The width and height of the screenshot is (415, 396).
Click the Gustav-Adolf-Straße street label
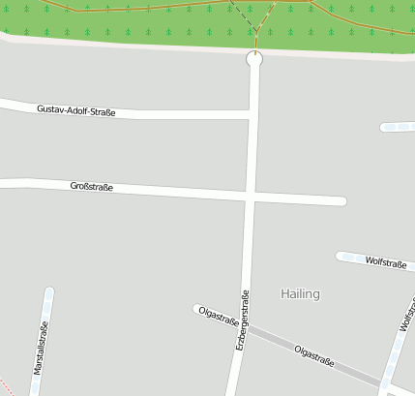tap(76, 110)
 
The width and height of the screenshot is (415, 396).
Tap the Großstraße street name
tap(92, 186)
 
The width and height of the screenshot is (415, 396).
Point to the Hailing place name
tap(300, 293)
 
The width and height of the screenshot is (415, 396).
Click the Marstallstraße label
tap(40, 349)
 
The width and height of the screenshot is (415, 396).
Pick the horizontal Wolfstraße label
tap(384, 261)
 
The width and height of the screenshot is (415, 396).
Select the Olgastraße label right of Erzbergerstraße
tap(314, 355)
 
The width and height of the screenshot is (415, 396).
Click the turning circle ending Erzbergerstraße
tap(254, 60)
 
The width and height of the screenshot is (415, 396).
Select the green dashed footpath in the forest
tap(243, 23)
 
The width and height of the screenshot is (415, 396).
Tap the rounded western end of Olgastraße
tap(196, 309)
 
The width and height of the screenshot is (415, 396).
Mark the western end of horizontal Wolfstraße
tap(341, 256)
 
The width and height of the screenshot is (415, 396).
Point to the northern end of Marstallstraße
tap(48, 292)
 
